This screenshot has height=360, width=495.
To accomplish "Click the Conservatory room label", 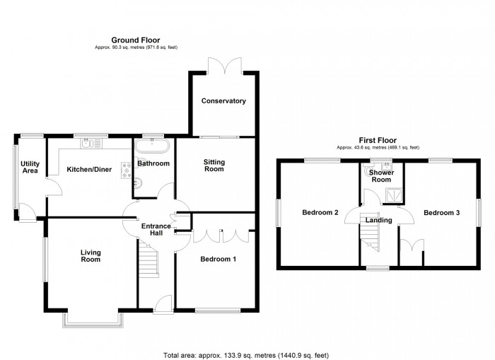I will tap(223, 101).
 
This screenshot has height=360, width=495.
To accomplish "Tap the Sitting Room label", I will tap(214, 165).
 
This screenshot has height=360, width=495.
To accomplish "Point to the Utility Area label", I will tap(30, 167).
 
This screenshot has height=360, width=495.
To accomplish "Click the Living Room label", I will tap(91, 255).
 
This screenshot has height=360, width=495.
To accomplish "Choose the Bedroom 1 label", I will tap(218, 260).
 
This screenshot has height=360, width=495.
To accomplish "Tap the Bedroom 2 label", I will tap(320, 212).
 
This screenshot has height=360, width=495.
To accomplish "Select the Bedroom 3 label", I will tap(442, 212).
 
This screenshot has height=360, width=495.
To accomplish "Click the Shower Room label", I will tap(382, 175).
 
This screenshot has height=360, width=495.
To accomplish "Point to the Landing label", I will tap(379, 220).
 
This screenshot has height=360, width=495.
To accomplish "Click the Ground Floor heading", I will tap(136, 40).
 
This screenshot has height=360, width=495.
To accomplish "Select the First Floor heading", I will tap(377, 140).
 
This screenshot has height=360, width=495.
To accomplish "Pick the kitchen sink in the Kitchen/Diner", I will tap(92, 144).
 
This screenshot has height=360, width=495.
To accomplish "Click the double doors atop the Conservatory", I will tap(223, 66).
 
